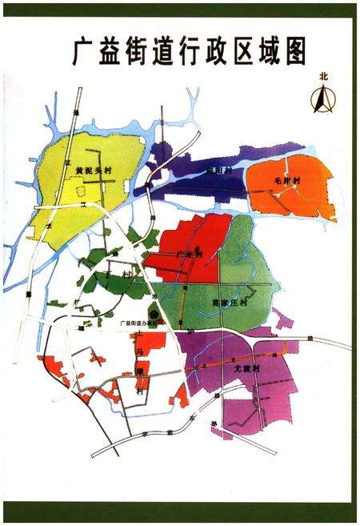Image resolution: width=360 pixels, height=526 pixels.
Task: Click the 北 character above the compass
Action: tap(323, 78)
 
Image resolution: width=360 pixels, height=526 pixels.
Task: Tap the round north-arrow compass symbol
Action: tap(323, 100)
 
